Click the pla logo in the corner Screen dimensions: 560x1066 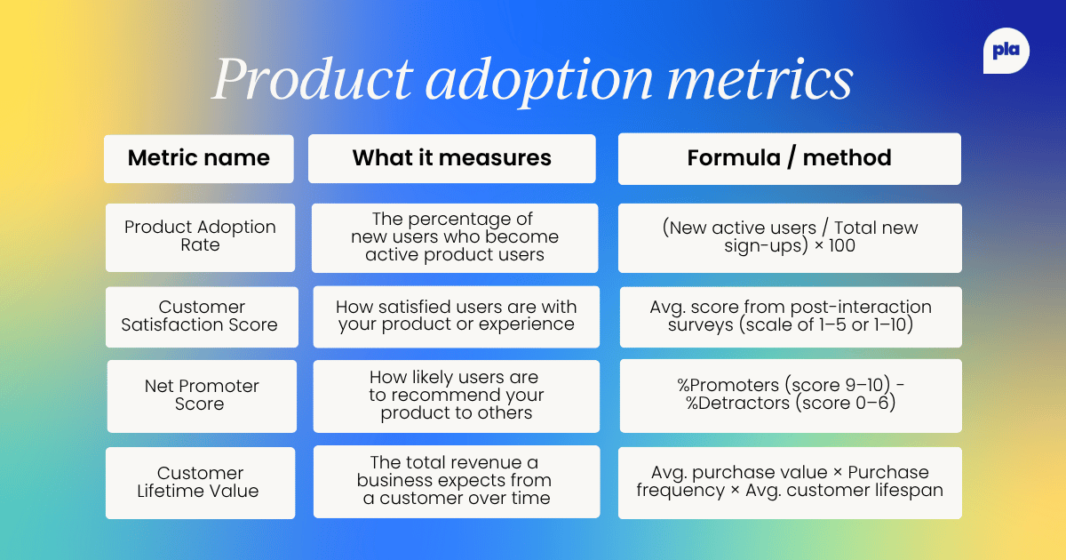[1006, 52]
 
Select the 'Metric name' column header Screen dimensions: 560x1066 [199, 158]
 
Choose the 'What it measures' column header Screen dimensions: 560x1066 [451, 158]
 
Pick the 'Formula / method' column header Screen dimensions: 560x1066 [789, 158]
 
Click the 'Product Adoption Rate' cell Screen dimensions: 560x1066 [200, 236]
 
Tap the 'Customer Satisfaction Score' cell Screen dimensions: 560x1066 [200, 316]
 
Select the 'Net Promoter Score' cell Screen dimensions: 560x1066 [202, 396]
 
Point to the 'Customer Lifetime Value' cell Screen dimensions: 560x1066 [201, 482]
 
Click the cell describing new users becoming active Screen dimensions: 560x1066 [455, 237]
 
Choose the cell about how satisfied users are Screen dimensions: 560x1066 [457, 316]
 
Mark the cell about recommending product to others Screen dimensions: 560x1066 [457, 396]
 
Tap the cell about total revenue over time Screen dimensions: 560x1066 [456, 481]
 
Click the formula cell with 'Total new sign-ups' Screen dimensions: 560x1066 [789, 236]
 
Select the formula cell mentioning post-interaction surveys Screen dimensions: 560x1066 [790, 316]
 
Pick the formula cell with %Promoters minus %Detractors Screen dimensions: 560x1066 [790, 395]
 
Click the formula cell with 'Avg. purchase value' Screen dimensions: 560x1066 [790, 481]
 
